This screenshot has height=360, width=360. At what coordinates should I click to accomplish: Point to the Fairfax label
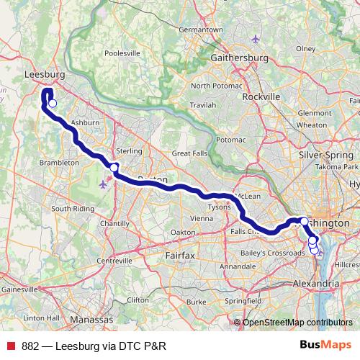[x=180, y=255]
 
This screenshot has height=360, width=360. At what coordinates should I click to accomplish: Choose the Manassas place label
[x=92, y=318]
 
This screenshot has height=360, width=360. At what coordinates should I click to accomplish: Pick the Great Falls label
[x=189, y=153]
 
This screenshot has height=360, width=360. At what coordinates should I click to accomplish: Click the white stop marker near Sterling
[x=114, y=168]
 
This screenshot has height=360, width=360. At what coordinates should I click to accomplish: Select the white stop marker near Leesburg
[x=53, y=104]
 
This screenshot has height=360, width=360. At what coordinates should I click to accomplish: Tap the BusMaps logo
[x=326, y=345]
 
